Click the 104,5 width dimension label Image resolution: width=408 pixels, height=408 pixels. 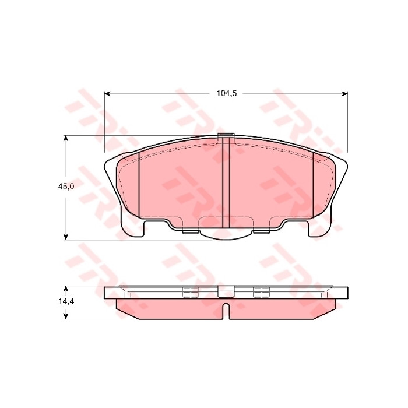click(x=227, y=93)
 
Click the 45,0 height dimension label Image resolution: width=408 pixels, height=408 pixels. click(x=66, y=187)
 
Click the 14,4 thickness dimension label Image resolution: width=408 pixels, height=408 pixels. click(x=66, y=301)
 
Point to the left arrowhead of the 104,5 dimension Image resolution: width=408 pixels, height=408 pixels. click(x=107, y=94)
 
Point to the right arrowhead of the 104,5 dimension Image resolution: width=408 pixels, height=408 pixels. click(x=345, y=94)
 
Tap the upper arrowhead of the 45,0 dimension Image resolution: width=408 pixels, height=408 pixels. click(x=66, y=139)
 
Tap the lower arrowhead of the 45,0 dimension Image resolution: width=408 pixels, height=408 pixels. click(x=66, y=237)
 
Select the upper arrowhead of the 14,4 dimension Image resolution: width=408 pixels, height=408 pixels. click(x=66, y=289)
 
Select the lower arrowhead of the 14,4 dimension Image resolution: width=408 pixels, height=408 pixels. click(x=66, y=316)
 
